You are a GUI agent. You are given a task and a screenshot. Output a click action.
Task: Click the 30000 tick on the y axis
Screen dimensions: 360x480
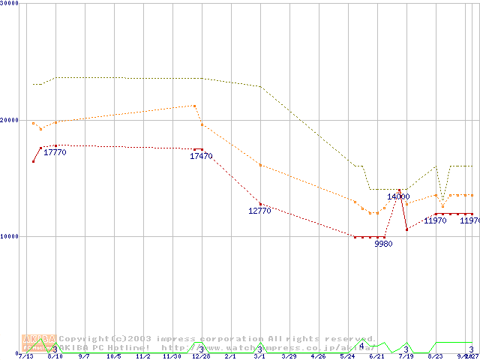coord(10,4)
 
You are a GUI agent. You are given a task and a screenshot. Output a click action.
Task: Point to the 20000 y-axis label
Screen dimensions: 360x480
coord(10,120)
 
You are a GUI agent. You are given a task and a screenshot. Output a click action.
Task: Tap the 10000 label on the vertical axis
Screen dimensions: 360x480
coord(10,236)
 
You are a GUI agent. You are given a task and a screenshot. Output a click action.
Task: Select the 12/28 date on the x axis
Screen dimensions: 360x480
coord(200,357)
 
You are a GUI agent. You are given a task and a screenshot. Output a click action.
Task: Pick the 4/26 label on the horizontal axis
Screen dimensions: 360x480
coord(317,357)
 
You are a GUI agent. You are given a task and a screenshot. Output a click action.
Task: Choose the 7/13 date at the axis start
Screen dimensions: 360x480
coord(25,357)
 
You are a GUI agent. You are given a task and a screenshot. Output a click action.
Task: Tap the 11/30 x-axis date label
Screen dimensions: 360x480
coord(171,357)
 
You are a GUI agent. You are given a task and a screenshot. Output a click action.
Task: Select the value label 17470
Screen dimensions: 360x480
coord(201,157)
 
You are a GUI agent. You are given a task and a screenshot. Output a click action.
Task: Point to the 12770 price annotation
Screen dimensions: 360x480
coord(259,211)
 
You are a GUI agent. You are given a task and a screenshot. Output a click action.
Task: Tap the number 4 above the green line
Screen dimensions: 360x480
coord(361,346)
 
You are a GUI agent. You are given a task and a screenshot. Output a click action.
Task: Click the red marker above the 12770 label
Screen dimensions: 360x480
coord(260,204)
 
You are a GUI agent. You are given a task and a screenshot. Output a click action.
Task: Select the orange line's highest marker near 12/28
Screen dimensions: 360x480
coord(194,106)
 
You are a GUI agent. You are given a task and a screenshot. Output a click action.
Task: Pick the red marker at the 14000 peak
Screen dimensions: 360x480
coord(399,190)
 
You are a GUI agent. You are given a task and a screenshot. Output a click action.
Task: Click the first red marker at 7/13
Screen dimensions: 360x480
coord(33,161)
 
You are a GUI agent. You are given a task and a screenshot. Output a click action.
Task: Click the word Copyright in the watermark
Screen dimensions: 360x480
coord(85,339)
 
